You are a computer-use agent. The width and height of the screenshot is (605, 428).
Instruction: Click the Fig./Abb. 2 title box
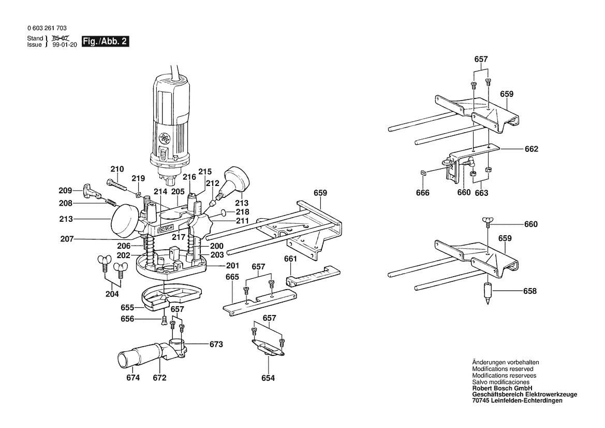pyautogui.click(x=106, y=41)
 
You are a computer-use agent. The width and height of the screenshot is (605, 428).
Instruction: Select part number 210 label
pyautogui.click(x=117, y=169)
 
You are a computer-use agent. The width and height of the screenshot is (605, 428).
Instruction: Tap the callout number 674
pyautogui.click(x=133, y=377)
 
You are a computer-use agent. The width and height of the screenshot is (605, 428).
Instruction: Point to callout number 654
pyautogui.click(x=268, y=378)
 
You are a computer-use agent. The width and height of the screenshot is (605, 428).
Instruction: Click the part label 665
pyautogui.click(x=232, y=277)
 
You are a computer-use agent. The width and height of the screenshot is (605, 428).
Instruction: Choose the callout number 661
pyautogui.click(x=290, y=259)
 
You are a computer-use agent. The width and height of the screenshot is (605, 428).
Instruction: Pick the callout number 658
pyautogui.click(x=530, y=291)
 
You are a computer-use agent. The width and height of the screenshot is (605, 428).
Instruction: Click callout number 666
pyautogui.click(x=423, y=192)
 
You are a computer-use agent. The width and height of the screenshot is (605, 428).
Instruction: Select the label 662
pyautogui.click(x=532, y=149)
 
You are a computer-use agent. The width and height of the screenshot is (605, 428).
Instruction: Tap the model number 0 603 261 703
pyautogui.click(x=47, y=28)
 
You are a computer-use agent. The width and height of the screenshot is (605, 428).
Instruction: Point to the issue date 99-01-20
pyautogui.click(x=65, y=45)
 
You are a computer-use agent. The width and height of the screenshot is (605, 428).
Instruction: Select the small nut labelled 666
pyautogui.click(x=422, y=173)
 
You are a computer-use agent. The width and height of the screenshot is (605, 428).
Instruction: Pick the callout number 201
pyautogui.click(x=232, y=266)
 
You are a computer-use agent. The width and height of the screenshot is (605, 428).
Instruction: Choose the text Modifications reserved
pyautogui.click(x=503, y=369)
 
